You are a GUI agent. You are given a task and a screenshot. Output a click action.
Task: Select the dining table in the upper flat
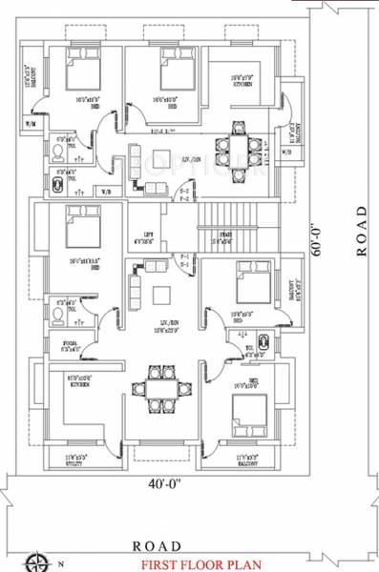pos(234,148)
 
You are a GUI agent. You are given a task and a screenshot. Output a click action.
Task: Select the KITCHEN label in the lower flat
pos(78,384)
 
